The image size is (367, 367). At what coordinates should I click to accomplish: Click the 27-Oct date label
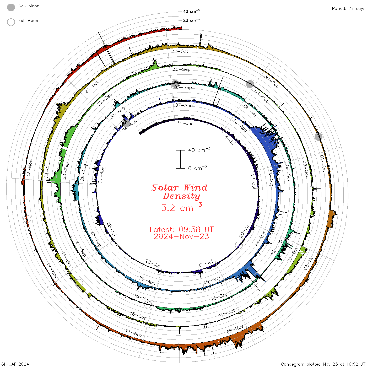tap(179, 51)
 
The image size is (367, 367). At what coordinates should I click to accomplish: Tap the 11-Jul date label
tap(184, 123)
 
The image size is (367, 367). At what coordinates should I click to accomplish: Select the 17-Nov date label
tap(29, 168)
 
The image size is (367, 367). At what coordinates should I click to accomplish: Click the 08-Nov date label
tap(235, 329)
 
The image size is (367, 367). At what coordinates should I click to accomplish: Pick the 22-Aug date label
tap(147, 281)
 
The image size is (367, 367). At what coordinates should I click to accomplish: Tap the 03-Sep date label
tap(183, 87)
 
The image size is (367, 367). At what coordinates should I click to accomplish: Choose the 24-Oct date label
tap(91, 87)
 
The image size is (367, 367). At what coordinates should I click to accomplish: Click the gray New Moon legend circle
tap(11, 7)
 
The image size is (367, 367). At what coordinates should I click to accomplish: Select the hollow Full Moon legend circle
tap(11, 22)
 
